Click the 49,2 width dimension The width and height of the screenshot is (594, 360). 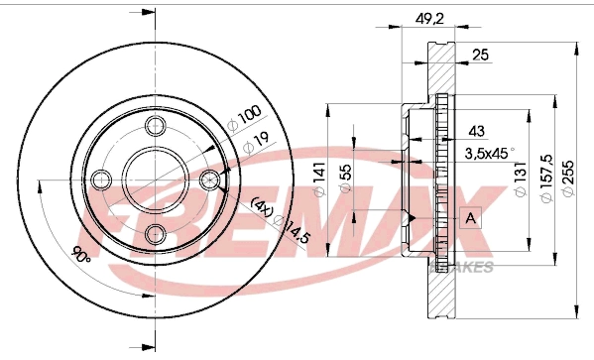(x=429, y=16)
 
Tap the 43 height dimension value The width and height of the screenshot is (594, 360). (x=477, y=131)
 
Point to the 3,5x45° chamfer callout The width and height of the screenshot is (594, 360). (x=489, y=153)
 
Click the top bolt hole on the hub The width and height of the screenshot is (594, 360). (x=155, y=127)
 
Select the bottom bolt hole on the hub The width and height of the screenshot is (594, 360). (x=155, y=233)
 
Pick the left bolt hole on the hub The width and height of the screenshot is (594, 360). (x=101, y=180)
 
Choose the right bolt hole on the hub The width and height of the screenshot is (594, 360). (x=208, y=180)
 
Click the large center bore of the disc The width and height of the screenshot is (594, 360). (x=155, y=180)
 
